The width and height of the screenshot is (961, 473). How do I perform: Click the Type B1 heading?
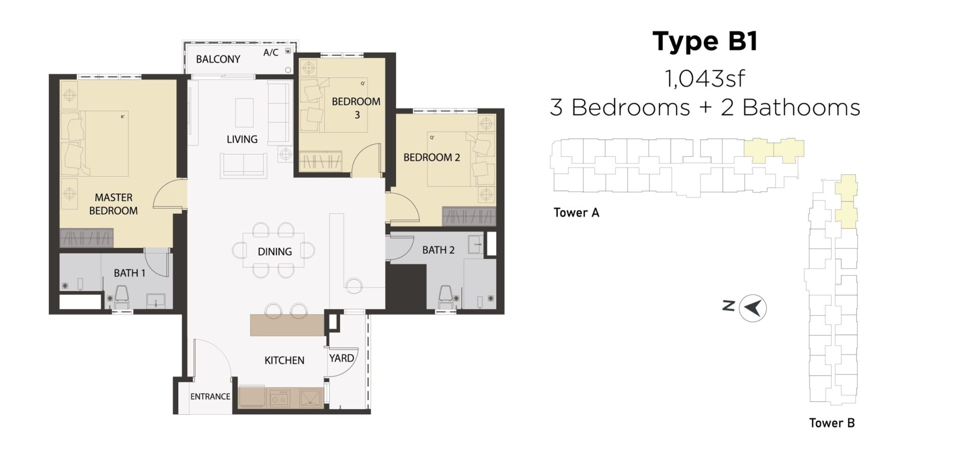pos(705,41)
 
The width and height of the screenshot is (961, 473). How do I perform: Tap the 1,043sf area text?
pos(705,78)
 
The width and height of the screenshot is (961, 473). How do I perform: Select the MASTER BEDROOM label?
pos(114,204)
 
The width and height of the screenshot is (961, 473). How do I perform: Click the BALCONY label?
pos(218,59)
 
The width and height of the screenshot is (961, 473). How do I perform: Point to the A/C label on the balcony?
pos(270,53)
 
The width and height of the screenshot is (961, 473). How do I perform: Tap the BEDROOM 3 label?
pos(356,108)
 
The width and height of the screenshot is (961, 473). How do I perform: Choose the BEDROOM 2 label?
pos(432,157)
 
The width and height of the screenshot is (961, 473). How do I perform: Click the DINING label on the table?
pos(275,251)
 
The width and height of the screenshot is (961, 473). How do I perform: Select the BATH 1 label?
pos(130,273)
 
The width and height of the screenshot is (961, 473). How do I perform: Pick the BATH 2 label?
pos(438,250)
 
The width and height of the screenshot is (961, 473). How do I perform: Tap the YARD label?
pos(341,358)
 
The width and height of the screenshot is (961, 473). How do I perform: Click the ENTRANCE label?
pos(210,396)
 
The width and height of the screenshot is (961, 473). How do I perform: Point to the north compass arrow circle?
pos(753,308)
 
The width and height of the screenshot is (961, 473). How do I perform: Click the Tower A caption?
pos(576,213)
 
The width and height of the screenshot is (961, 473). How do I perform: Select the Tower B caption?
pos(831,423)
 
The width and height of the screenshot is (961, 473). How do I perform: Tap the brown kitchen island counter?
pos(287,325)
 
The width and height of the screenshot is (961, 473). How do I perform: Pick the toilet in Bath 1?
pos(122,295)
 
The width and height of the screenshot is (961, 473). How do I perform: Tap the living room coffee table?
pos(244,112)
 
